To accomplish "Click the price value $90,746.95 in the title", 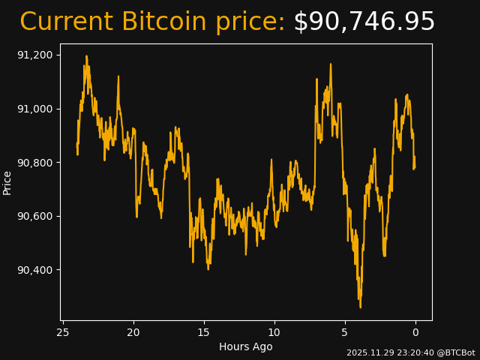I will pyautogui.click(x=364, y=22).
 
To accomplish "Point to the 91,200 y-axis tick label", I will pyautogui.click(x=35, y=55).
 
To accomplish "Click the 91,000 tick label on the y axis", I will pyautogui.click(x=35, y=109).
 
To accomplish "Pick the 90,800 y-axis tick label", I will pyautogui.click(x=35, y=163).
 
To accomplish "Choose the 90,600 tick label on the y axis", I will pyautogui.click(x=35, y=216).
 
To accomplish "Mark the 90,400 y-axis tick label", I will pyautogui.click(x=35, y=270).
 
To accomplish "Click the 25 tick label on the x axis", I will pyautogui.click(x=63, y=332).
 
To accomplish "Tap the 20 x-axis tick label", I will pyautogui.click(x=133, y=332).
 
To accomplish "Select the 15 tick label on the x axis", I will pyautogui.click(x=204, y=332).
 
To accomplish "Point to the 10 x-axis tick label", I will pyautogui.click(x=274, y=332).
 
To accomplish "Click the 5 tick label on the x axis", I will pyautogui.click(x=345, y=332).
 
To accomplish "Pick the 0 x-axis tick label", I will pyautogui.click(x=415, y=332).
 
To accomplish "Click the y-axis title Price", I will pyautogui.click(x=7, y=182).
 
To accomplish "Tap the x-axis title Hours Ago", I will pyautogui.click(x=246, y=346).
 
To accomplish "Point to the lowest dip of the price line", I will pyautogui.click(x=360, y=307).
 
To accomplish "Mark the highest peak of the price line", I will pyautogui.click(x=86, y=56).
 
